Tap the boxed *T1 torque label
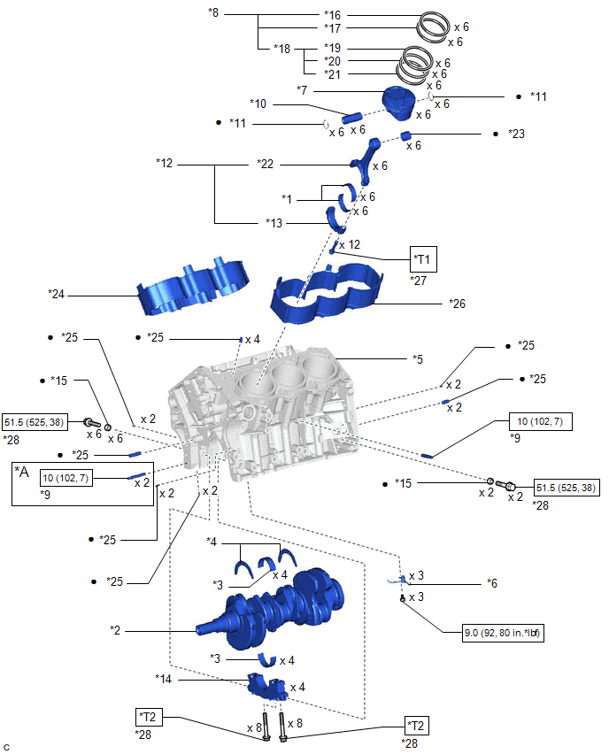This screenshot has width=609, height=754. pyautogui.click(x=423, y=259)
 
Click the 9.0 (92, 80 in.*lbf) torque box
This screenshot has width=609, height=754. pyautogui.click(x=503, y=634)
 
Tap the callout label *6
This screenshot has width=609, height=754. pyautogui.click(x=494, y=585)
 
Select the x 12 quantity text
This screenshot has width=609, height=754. pyautogui.click(x=349, y=244)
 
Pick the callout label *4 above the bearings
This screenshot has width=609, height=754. pyautogui.click(x=213, y=542)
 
